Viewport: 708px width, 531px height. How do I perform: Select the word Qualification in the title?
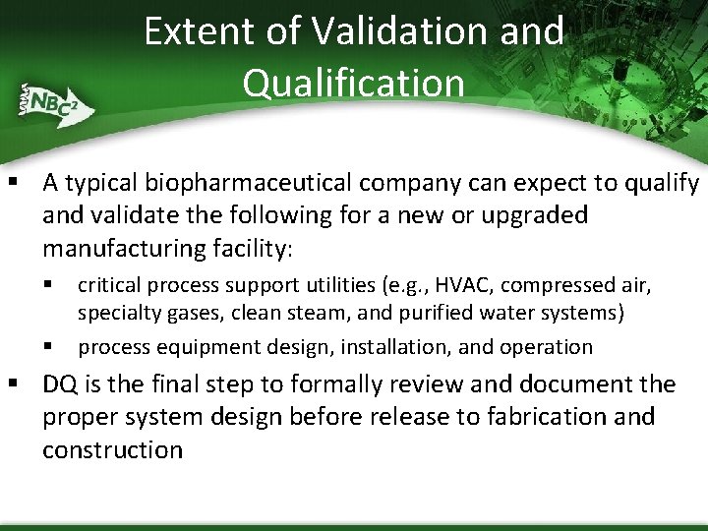pos(354,83)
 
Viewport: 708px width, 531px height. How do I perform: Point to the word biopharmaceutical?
pos(249,184)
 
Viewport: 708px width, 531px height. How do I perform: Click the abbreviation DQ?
pos(60,384)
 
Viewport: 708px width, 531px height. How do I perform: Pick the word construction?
pos(112,449)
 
